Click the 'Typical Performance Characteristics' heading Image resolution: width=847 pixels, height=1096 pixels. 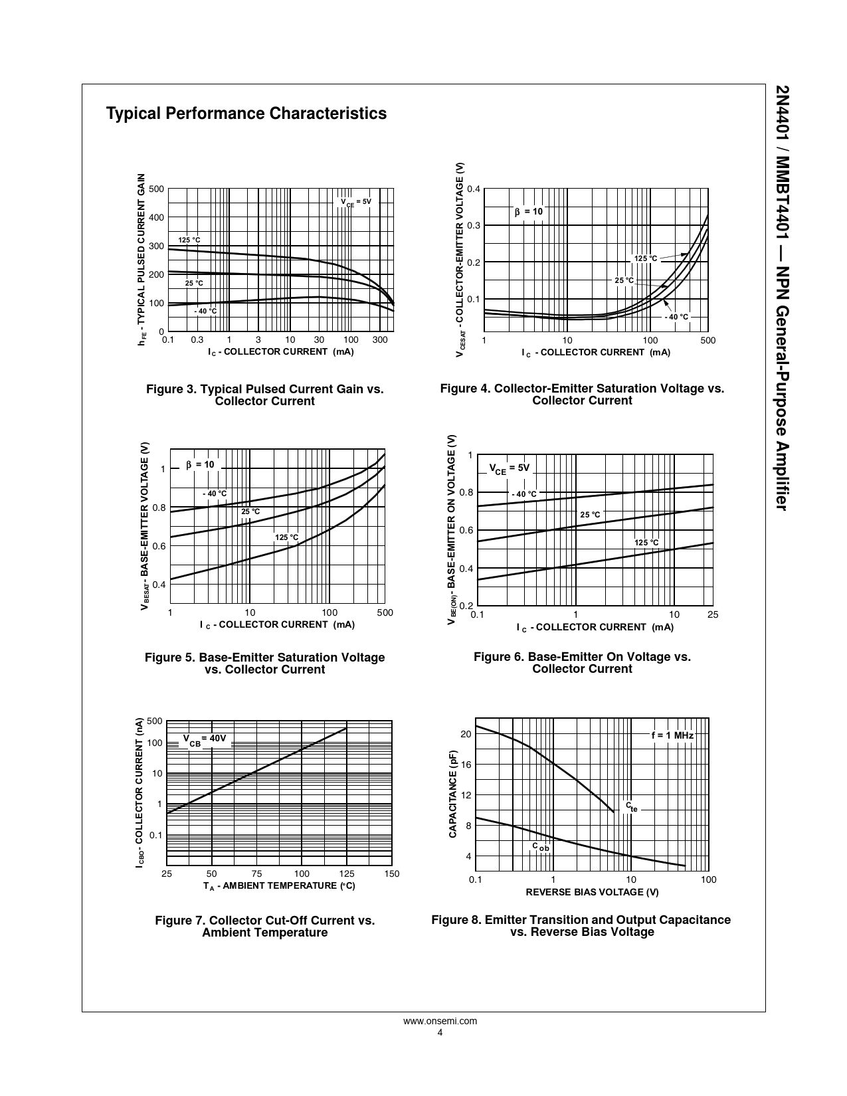246,114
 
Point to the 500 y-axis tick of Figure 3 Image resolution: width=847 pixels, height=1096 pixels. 156,189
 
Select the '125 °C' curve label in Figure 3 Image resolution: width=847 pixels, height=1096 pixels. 189,240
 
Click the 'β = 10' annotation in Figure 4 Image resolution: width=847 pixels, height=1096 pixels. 529,212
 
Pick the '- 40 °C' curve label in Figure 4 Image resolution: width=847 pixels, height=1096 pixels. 677,317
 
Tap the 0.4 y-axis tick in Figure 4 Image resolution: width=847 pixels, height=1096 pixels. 473,189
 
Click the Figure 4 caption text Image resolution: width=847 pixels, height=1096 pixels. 582,395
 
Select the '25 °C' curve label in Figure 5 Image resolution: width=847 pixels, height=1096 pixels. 250,511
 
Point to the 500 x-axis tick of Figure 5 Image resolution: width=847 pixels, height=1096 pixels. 385,612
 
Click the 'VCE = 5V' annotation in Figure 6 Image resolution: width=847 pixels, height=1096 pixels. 510,468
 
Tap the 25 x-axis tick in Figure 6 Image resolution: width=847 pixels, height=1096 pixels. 713,615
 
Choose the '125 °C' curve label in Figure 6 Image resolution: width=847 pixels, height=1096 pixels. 646,543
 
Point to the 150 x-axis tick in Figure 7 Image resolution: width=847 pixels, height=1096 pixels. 392,873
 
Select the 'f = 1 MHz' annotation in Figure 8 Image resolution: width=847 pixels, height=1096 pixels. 672,735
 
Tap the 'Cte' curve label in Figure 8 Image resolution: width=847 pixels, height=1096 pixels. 631,806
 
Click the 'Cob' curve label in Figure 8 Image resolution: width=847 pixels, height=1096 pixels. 541,847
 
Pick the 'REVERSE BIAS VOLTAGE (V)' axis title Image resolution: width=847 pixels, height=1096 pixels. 592,892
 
